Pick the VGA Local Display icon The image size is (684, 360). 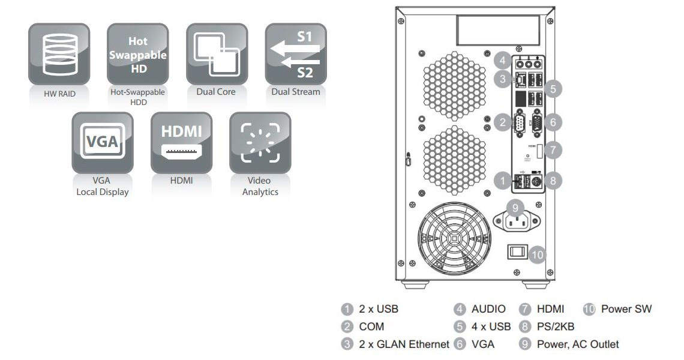pos(102,142)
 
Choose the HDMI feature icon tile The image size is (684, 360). pos(181,142)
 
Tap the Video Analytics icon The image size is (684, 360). pos(260,142)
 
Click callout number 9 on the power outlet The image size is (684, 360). pos(514,207)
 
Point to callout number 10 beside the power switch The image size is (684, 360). pos(538,254)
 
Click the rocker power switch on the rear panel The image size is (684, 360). pos(517,252)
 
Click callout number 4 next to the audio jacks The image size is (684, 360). pos(503,60)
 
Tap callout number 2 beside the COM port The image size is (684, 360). pos(503,122)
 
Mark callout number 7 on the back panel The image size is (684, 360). pos(553,150)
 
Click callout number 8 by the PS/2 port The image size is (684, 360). pos(553,179)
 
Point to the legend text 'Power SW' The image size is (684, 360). pos(626,309)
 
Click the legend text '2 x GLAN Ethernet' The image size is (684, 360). pos(404,344)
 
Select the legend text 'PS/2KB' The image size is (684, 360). pos(556,327)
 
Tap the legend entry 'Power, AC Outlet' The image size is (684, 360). pos(578,344)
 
